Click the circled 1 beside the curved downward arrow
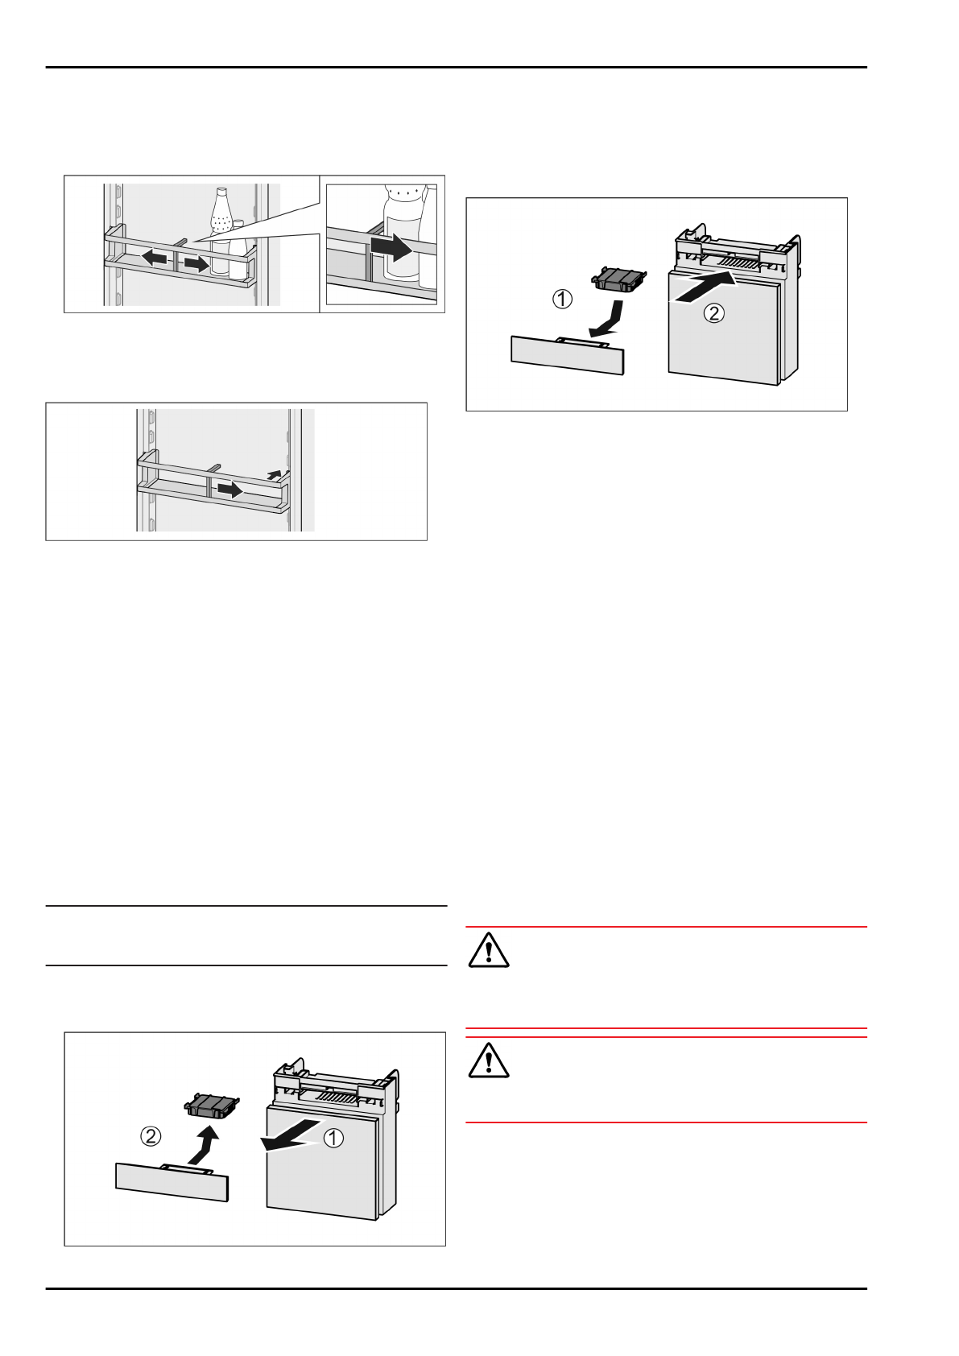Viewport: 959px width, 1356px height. click(562, 300)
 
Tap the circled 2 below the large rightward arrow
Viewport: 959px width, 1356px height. click(714, 312)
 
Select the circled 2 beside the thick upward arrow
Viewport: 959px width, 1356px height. click(151, 1136)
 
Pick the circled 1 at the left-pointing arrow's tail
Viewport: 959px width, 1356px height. click(333, 1138)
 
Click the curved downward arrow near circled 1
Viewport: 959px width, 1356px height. click(610, 319)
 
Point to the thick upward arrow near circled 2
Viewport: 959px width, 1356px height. click(205, 1144)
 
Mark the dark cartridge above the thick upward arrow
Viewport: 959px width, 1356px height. click(213, 1105)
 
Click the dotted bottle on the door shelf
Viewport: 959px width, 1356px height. click(221, 221)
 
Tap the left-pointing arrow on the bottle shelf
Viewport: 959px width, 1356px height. click(155, 258)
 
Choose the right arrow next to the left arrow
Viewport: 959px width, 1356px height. click(196, 263)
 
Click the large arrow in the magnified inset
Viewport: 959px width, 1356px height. click(392, 248)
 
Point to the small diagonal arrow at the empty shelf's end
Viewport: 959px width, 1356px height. click(275, 475)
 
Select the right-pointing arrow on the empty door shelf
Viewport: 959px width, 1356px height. click(229, 489)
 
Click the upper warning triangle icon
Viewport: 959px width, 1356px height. click(488, 949)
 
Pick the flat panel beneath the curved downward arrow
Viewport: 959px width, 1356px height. click(568, 355)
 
